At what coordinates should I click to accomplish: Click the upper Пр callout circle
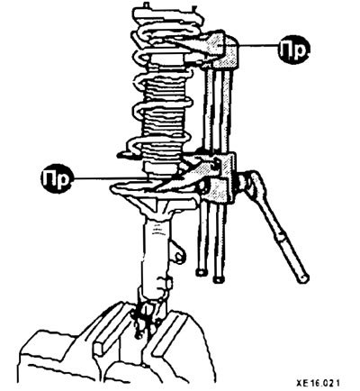[x=294, y=50]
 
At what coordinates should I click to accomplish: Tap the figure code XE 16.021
[x=318, y=384]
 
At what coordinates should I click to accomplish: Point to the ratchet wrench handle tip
[x=303, y=277]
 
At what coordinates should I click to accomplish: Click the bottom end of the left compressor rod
[x=201, y=272]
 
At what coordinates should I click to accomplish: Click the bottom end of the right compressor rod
[x=219, y=279]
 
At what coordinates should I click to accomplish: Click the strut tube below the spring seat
[x=156, y=252]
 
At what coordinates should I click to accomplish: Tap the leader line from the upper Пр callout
[x=259, y=45]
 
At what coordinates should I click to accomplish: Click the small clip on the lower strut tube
[x=166, y=284]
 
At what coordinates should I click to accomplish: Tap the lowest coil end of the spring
[x=124, y=154]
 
